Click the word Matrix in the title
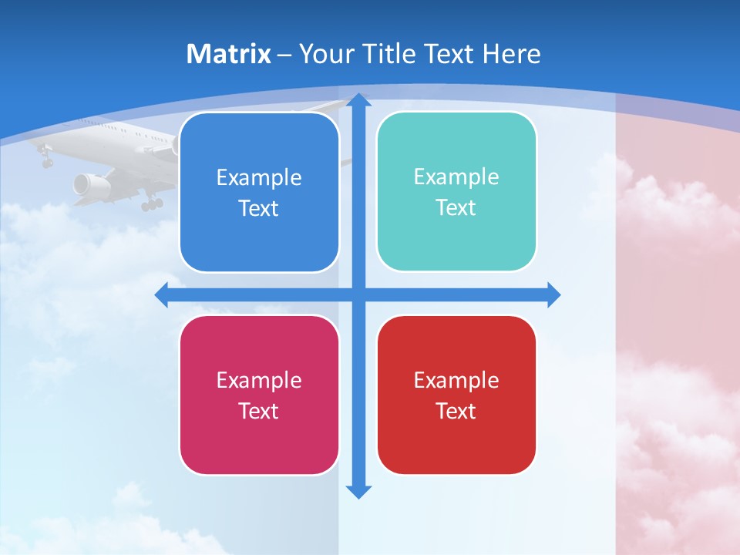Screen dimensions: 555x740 229,54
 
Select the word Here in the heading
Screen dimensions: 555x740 511,54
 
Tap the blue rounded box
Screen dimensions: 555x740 259,192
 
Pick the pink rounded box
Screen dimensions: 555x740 259,395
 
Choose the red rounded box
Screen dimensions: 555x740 456,395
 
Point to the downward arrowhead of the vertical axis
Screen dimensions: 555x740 358,492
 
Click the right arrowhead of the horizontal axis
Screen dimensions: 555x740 553,294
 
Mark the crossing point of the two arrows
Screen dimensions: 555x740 358,294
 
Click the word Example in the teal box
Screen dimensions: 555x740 456,177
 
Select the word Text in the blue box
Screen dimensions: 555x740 259,208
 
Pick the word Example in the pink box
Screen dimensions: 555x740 259,380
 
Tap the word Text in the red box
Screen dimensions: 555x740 456,411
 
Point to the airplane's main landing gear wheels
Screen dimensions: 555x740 152,203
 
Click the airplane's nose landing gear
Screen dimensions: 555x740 47,160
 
